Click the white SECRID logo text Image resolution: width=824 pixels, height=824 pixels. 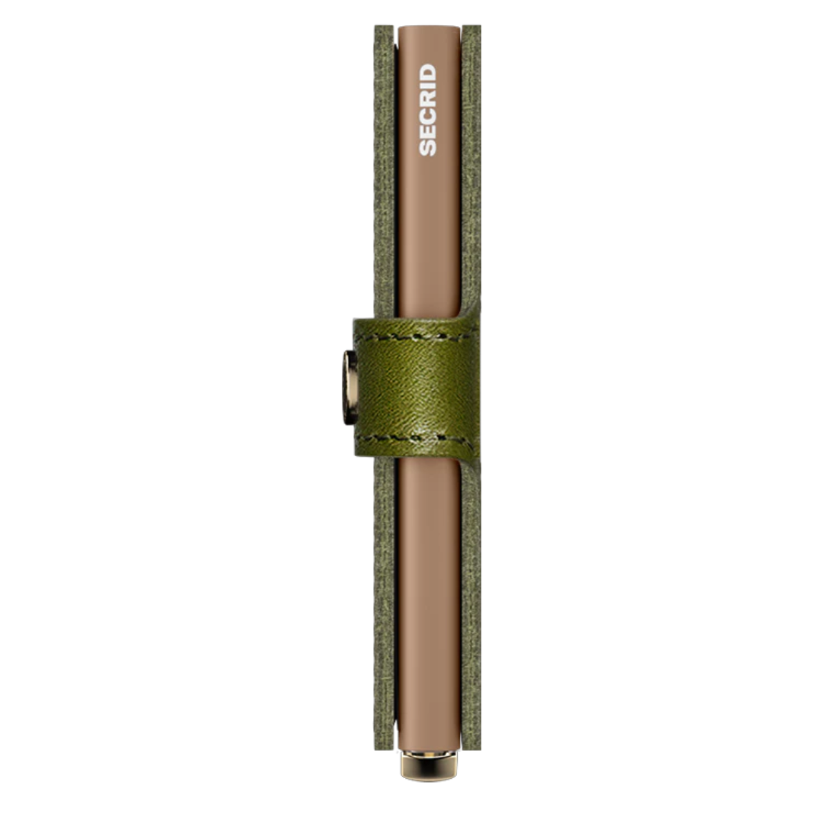pyautogui.click(x=428, y=110)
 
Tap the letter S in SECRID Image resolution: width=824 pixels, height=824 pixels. pyautogui.click(x=428, y=148)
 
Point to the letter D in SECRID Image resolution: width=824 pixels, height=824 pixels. pyautogui.click(x=428, y=72)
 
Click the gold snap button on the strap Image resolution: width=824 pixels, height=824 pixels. pyautogui.click(x=349, y=388)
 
